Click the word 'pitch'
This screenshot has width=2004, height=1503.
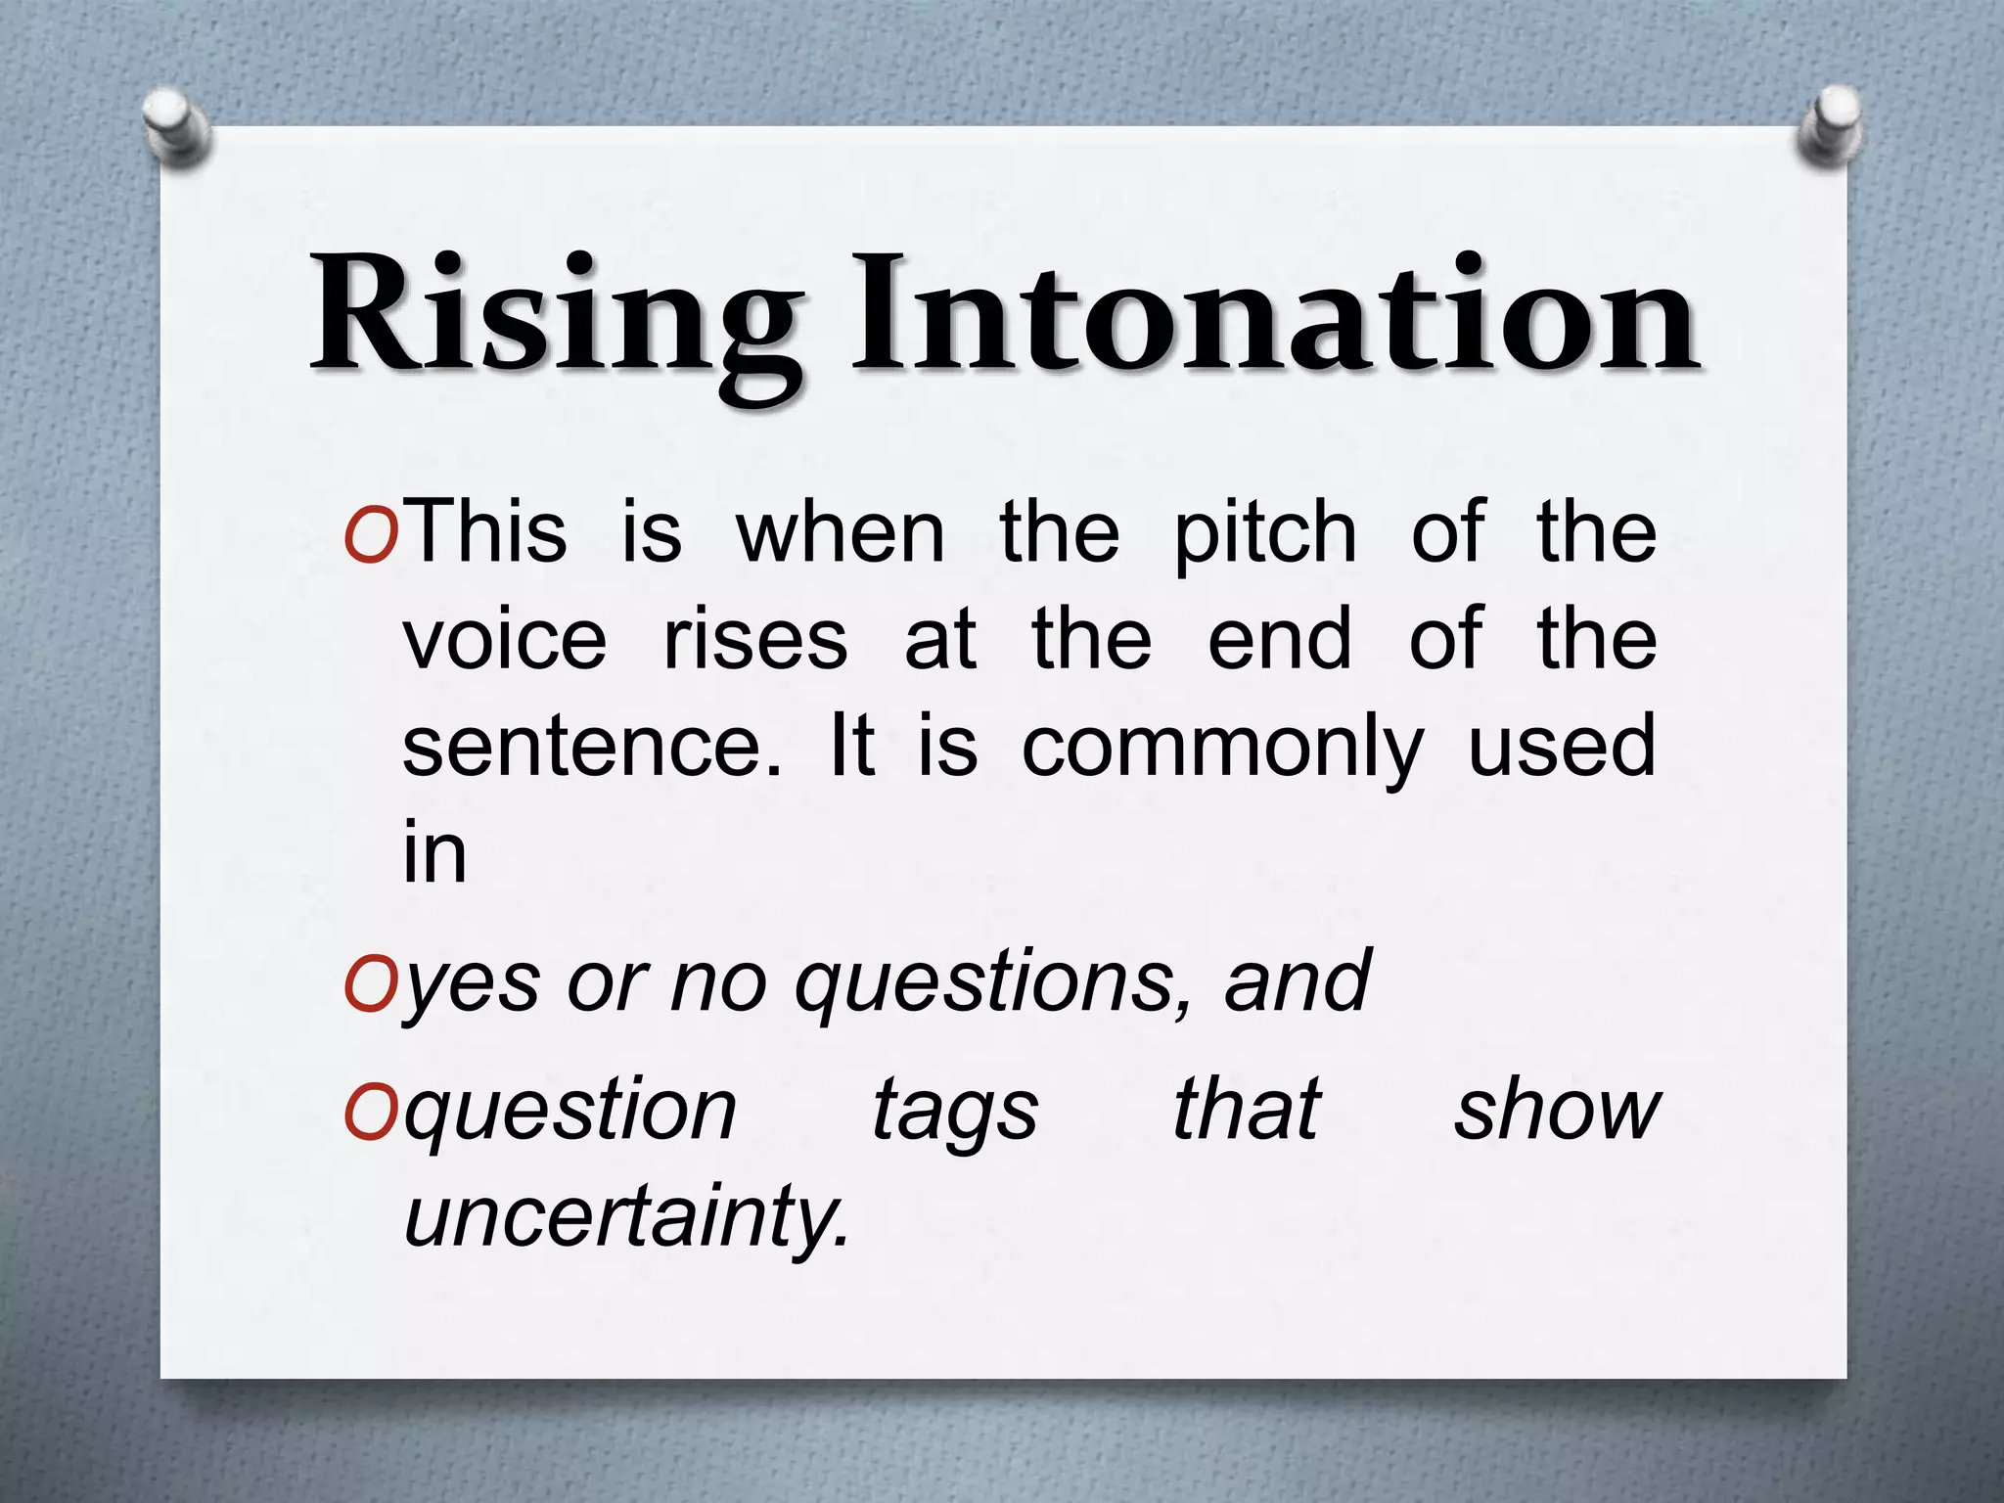coord(1265,533)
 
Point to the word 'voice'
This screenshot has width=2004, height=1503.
coord(505,640)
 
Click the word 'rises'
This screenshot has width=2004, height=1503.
coord(755,640)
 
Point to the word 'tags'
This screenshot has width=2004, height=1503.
coord(955,1113)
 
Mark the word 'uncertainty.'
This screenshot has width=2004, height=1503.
coord(627,1218)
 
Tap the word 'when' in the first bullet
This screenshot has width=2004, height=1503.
coord(841,533)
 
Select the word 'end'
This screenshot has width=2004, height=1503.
coord(1281,640)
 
